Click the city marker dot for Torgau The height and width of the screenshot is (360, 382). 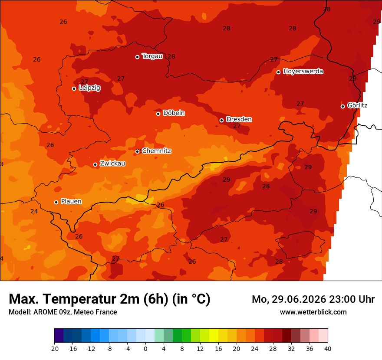(138, 57)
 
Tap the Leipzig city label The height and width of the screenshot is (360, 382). (89, 88)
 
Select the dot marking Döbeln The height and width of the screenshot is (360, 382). (158, 114)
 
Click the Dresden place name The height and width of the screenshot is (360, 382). (239, 119)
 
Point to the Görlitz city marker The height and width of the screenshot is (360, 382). (342, 106)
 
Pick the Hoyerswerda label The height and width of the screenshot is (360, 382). (303, 71)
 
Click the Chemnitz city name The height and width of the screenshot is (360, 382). (156, 151)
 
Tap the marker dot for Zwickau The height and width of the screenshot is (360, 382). (95, 164)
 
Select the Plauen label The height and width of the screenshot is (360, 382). (71, 201)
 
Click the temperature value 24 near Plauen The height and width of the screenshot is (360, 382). (34, 211)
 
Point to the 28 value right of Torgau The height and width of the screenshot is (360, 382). (171, 56)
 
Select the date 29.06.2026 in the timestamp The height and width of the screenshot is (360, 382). (299, 299)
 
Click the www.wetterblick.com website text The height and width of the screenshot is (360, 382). (313, 312)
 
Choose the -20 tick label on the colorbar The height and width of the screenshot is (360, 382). (54, 349)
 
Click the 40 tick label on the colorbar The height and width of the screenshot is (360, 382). (328, 349)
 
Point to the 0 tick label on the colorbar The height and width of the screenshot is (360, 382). (145, 349)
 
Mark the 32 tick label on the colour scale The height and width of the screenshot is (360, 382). (291, 349)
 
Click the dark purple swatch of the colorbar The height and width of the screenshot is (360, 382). (59, 335)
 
